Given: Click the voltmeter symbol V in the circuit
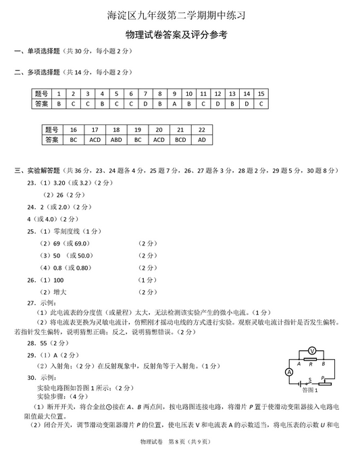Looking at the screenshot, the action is pyautogui.click(x=311, y=350).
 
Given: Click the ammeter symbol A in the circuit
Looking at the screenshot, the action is pyautogui.click(x=289, y=372).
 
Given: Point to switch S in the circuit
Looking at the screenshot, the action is pyautogui.click(x=309, y=381).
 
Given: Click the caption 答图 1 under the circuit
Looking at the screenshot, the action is pyautogui.click(x=309, y=391).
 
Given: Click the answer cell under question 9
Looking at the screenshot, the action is pyautogui.click(x=174, y=104).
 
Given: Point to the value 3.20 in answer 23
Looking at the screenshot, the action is pyautogui.click(x=59, y=183).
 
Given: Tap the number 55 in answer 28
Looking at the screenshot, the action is pyautogui.click(x=43, y=343).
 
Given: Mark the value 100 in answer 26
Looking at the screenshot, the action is pyautogui.click(x=58, y=280).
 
